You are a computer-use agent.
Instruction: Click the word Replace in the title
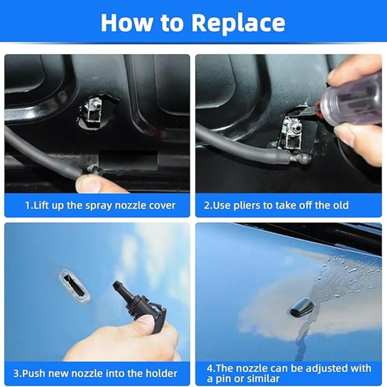[239, 23]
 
